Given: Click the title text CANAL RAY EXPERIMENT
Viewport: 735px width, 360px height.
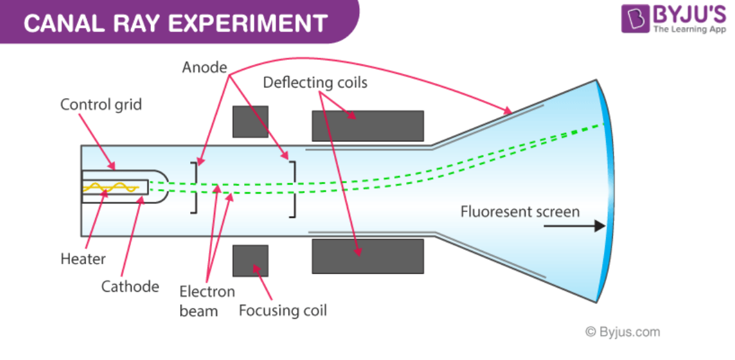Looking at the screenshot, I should point(175,23).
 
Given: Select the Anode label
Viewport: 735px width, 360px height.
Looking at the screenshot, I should point(204,67).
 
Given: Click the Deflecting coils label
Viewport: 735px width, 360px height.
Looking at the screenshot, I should point(315,83).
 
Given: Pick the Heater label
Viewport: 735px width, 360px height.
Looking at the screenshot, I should point(83,259).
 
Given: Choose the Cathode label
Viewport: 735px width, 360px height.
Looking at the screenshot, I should point(130,286).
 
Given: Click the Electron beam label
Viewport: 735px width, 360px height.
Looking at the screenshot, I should point(207,301).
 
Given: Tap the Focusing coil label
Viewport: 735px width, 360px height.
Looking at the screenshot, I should point(283,311).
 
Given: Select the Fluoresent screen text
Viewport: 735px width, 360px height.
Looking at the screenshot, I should point(520,212).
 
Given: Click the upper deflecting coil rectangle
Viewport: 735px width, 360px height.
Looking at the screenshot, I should point(367,126).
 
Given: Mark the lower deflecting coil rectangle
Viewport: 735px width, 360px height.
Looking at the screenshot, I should point(367,256).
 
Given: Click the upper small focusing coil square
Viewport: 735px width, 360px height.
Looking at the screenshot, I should point(250,121).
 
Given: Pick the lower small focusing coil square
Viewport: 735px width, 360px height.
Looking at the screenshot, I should point(250,260).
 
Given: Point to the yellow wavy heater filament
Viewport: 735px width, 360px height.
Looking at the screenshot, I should point(109,188).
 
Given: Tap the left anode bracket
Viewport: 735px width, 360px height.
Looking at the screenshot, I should point(193,188).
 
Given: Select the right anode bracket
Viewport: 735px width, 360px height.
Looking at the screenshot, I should point(294,188).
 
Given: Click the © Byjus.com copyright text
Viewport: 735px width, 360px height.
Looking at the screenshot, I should point(622,332).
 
